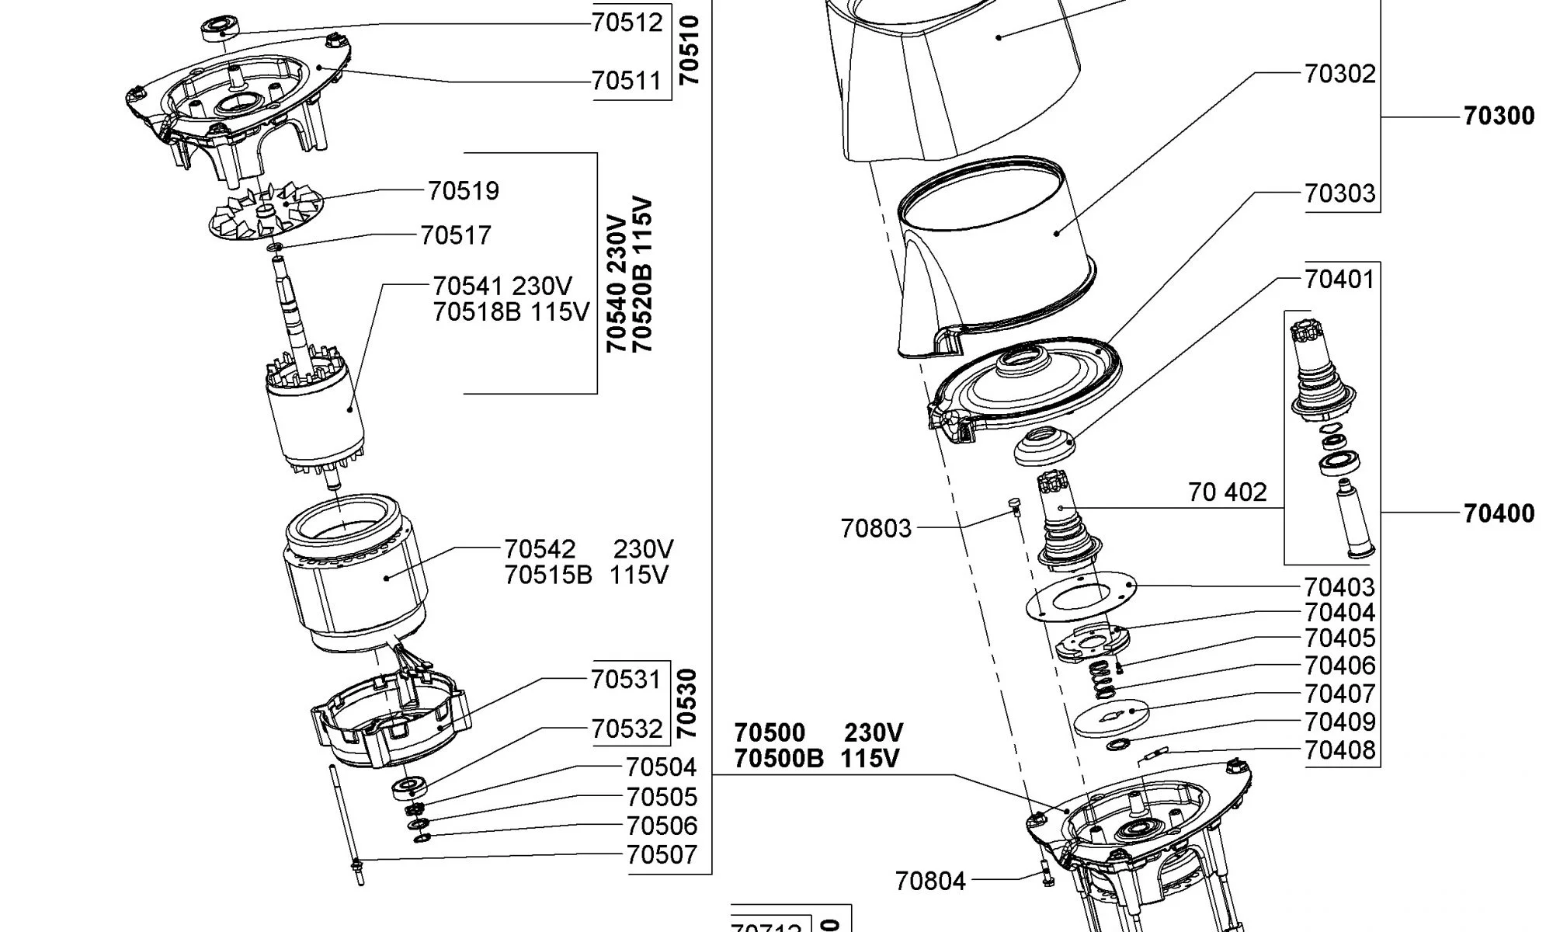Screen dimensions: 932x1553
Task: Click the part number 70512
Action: point(627,22)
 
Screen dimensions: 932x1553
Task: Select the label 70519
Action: point(463,191)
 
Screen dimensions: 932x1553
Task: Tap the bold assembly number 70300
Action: point(1499,116)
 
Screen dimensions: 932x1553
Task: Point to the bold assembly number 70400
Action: point(1499,513)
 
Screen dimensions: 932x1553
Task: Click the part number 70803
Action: point(875,529)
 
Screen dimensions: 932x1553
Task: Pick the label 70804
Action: point(929,882)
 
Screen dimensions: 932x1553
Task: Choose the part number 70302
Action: point(1339,74)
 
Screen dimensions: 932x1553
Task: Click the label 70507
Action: point(662,855)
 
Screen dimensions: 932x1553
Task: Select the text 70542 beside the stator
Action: point(540,550)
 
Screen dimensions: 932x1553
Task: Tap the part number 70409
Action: point(1339,722)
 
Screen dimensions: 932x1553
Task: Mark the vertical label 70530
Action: point(688,704)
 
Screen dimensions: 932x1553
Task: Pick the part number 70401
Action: point(1339,280)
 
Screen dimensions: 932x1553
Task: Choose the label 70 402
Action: point(1227,492)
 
